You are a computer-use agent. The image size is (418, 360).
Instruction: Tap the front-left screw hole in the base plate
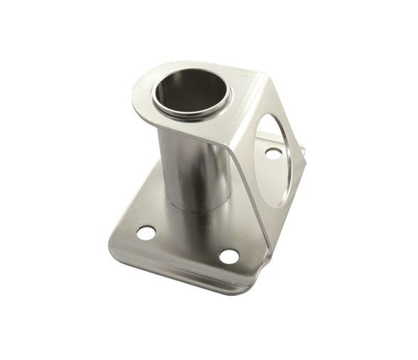pos(146,233)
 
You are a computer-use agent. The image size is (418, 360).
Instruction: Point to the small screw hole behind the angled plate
pos(272,152)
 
